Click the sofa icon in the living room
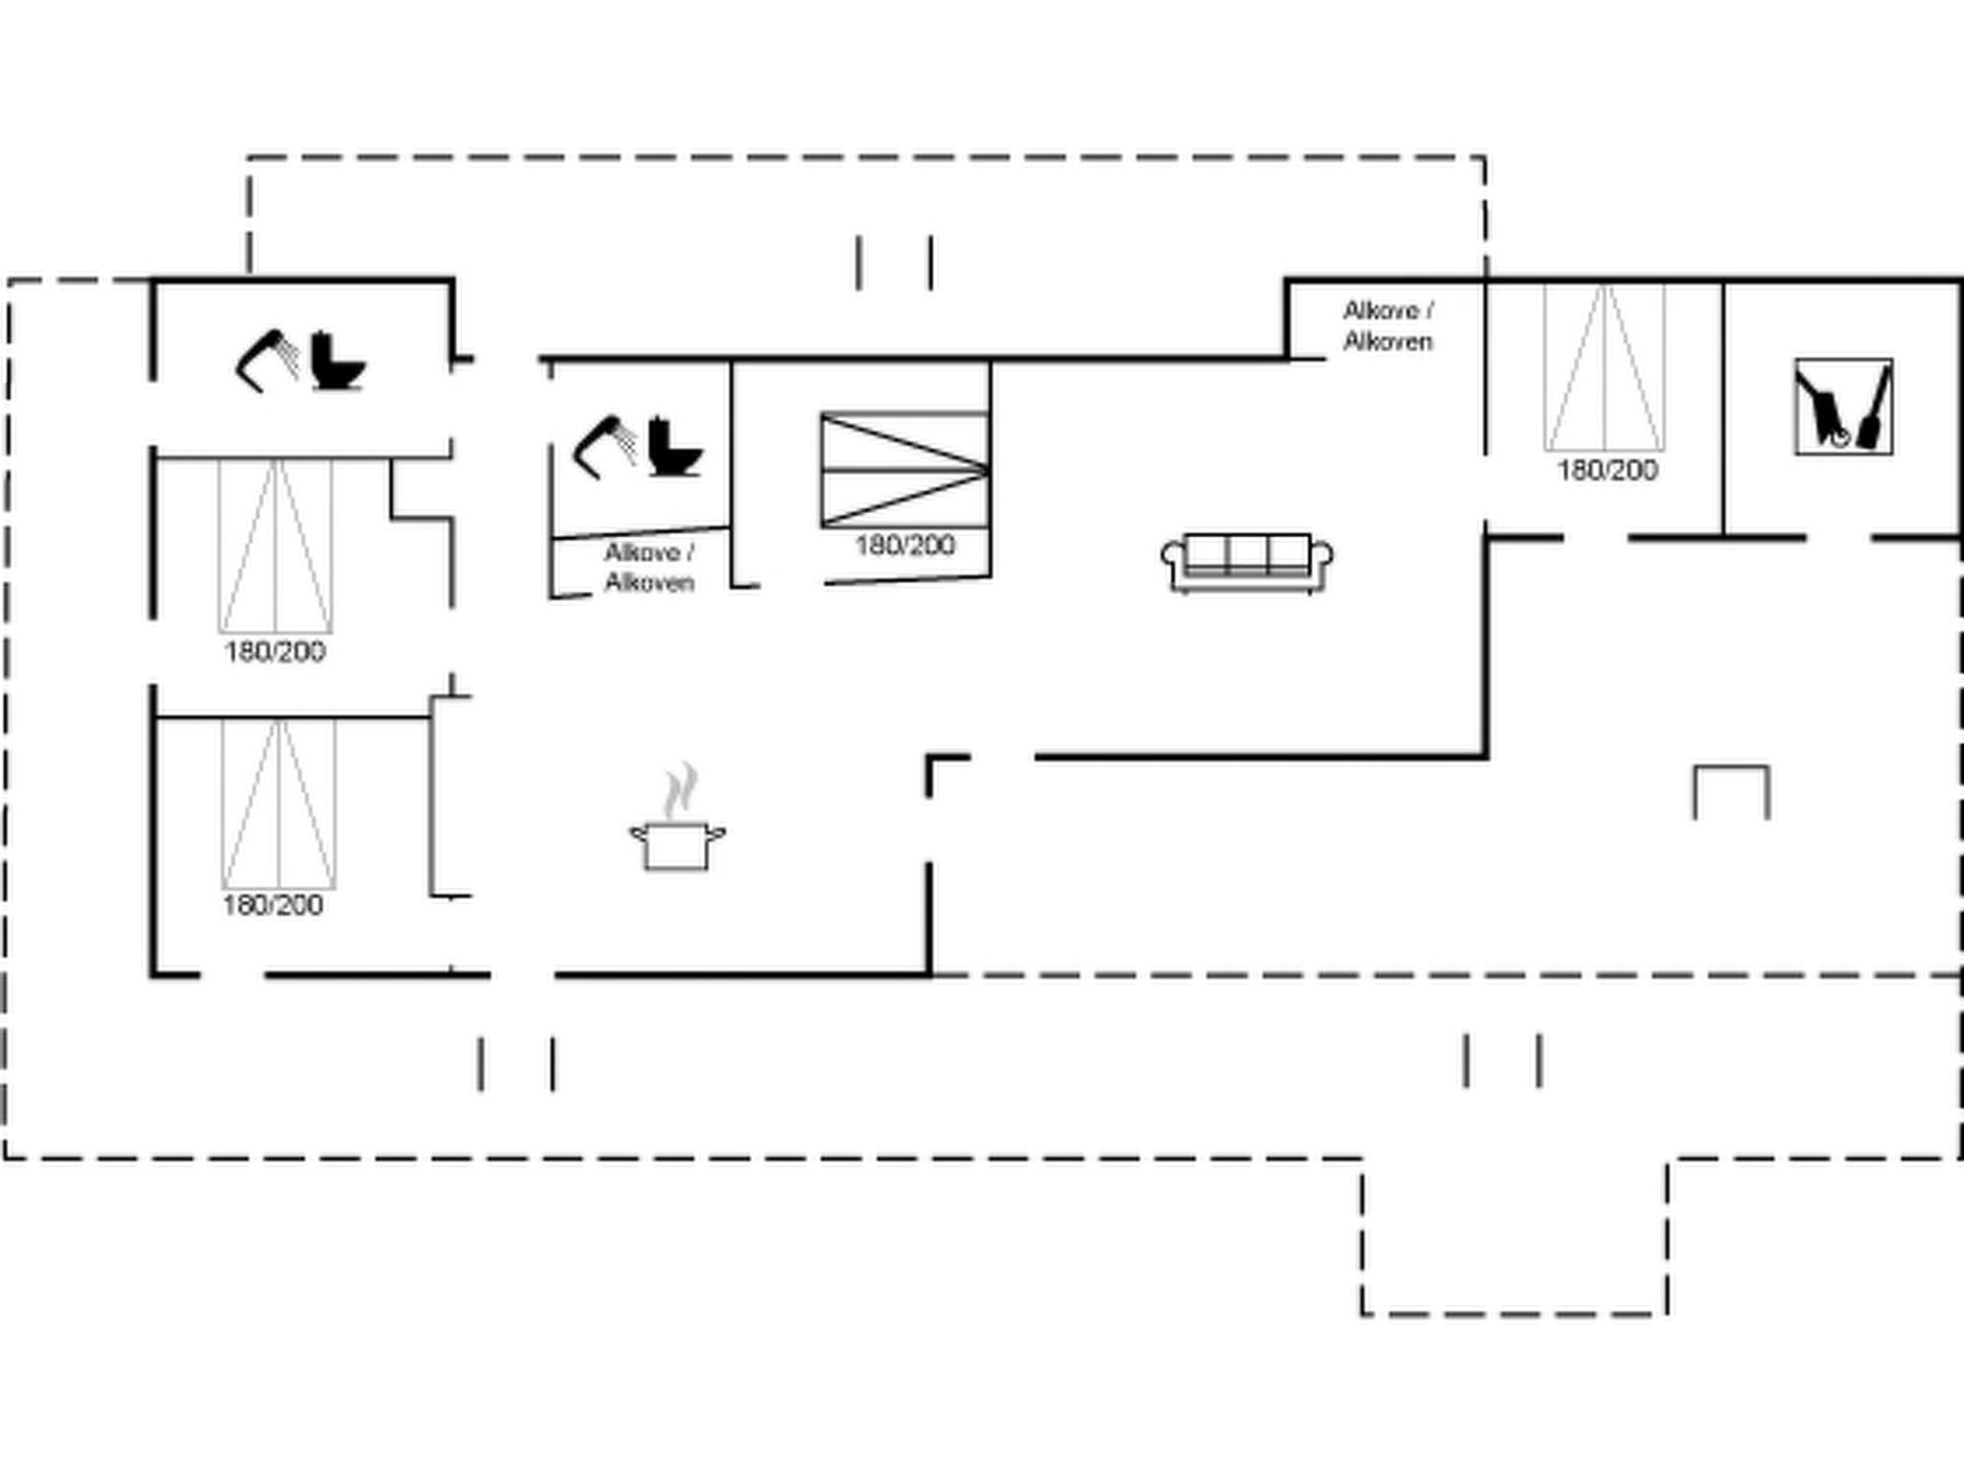(x=1247, y=562)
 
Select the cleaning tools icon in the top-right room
(x=1843, y=407)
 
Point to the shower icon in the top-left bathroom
(x=268, y=360)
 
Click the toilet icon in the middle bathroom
(x=674, y=447)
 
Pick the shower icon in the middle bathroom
(x=604, y=447)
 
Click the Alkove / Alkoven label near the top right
(x=1388, y=326)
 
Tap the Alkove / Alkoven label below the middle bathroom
(x=649, y=568)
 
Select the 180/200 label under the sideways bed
(x=904, y=546)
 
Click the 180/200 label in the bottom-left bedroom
(x=273, y=905)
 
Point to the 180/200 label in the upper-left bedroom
(x=275, y=652)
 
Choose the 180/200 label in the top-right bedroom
(x=1607, y=470)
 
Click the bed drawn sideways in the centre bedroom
(x=904, y=470)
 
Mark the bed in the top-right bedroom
(x=1604, y=367)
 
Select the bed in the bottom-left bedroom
(x=278, y=804)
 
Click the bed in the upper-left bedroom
(x=276, y=546)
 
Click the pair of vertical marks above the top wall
(x=894, y=262)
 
